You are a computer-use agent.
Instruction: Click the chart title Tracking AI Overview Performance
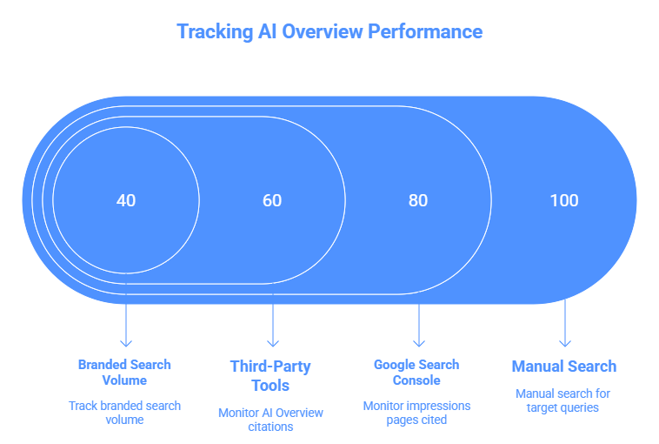(x=329, y=31)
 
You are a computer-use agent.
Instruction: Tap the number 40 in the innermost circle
(x=126, y=200)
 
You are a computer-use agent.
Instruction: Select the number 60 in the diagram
(x=272, y=200)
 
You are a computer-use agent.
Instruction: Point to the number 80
(x=418, y=200)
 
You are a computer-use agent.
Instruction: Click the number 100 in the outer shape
(x=564, y=200)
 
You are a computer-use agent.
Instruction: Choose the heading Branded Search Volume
(x=124, y=372)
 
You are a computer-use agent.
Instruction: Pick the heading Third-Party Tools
(x=270, y=375)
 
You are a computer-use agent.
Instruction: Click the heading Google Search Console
(x=416, y=372)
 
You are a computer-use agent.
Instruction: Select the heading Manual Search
(x=563, y=366)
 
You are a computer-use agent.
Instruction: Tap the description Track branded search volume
(x=124, y=413)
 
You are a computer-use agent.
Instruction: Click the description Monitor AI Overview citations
(x=270, y=420)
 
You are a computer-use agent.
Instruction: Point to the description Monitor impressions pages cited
(x=416, y=413)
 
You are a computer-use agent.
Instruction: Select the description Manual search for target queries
(x=563, y=400)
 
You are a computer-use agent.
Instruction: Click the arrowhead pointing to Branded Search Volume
(x=127, y=343)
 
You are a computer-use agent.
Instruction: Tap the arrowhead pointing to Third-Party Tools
(x=273, y=343)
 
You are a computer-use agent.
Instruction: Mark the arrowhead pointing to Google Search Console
(x=419, y=343)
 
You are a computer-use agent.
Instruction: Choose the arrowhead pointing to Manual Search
(x=565, y=343)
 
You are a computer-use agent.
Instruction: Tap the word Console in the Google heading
(x=416, y=380)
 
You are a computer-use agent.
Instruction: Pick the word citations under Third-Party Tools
(x=270, y=427)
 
